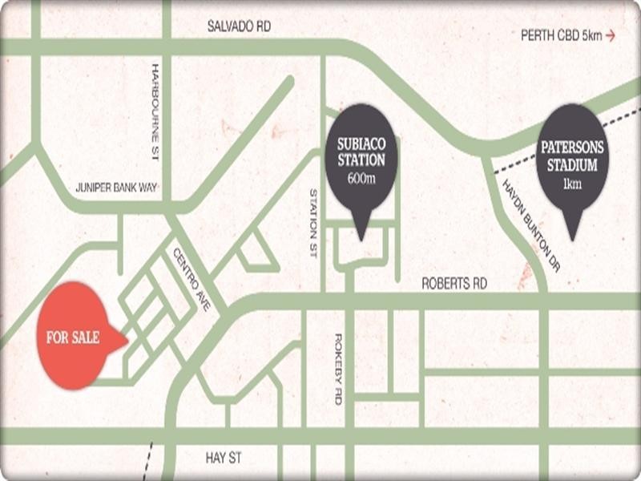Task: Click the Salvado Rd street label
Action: [239, 26]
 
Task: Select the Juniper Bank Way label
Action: [116, 188]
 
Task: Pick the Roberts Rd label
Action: [455, 284]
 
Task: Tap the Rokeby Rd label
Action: [338, 368]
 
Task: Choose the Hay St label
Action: [224, 459]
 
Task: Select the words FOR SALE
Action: [73, 338]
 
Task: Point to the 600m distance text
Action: [361, 177]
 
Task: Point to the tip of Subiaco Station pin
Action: [361, 238]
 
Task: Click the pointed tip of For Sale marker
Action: [127, 340]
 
